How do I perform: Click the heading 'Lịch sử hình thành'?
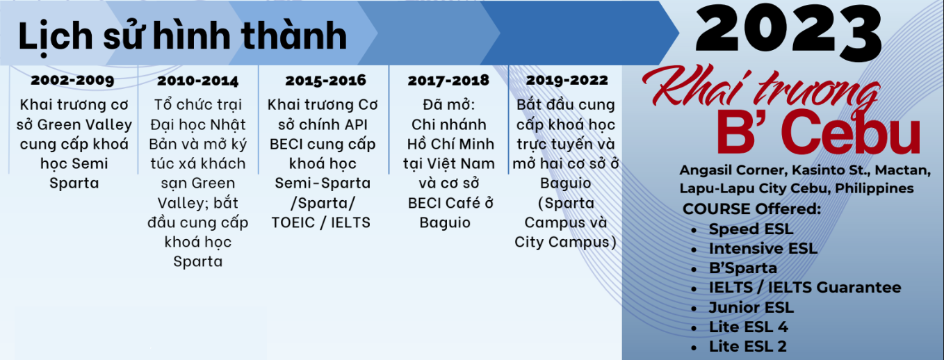(182, 36)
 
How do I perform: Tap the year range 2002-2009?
(72, 80)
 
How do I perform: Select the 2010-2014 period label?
(197, 81)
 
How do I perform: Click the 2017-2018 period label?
(448, 81)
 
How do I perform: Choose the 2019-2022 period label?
(567, 80)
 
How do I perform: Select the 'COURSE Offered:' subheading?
(751, 209)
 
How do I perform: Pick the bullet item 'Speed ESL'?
(751, 229)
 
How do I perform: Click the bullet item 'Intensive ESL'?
(763, 248)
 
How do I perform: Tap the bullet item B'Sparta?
(743, 268)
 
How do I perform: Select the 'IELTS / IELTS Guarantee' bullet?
(804, 288)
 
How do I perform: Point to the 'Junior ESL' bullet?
(751, 307)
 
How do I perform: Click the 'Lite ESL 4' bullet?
(748, 327)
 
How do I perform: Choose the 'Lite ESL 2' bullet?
(747, 346)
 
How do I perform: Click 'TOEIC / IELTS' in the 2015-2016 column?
(322, 223)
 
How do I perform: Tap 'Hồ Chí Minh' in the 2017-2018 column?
(450, 145)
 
